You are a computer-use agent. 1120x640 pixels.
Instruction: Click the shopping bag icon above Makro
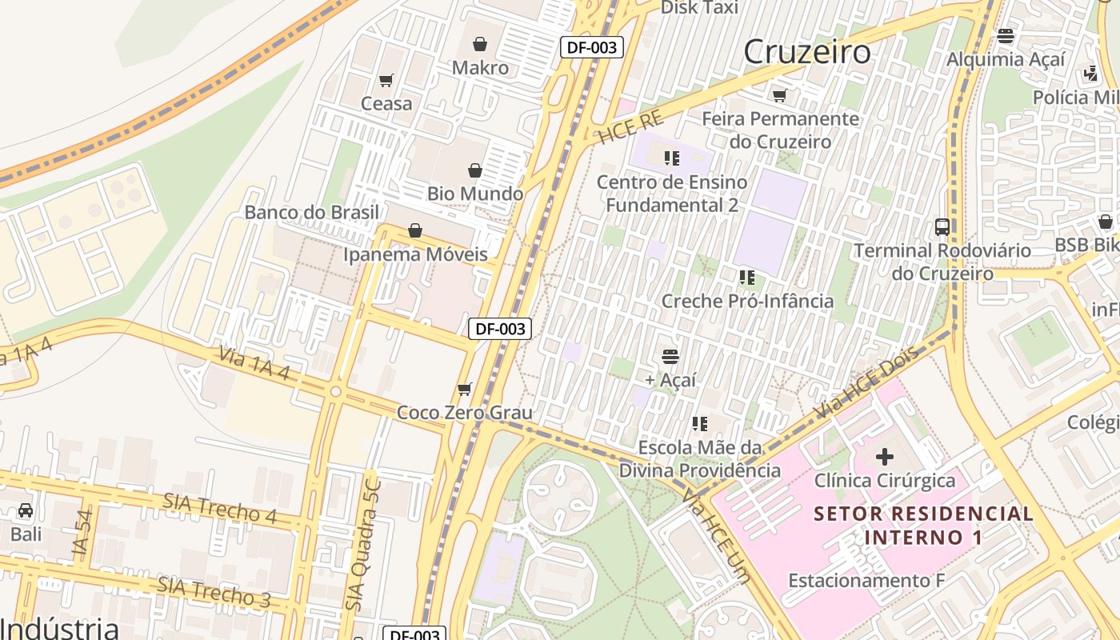click(x=480, y=44)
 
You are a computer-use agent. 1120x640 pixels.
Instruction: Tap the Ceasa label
click(x=386, y=103)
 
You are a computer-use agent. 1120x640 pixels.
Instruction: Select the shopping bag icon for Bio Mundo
click(x=475, y=170)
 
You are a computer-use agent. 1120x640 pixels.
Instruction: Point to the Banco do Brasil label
click(x=312, y=212)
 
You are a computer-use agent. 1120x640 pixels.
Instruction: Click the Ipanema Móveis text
click(x=415, y=254)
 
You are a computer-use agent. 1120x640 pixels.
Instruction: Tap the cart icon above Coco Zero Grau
click(x=464, y=390)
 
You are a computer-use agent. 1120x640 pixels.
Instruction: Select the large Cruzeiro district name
click(x=807, y=52)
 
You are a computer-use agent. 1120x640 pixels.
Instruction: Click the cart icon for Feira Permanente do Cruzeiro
click(x=779, y=95)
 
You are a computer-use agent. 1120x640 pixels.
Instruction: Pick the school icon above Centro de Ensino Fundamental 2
click(x=671, y=158)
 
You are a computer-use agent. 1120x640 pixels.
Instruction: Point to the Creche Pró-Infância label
click(x=747, y=301)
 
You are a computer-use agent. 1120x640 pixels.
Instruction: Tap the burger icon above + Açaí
click(x=670, y=356)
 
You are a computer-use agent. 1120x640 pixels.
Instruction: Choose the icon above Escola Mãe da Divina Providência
click(x=700, y=423)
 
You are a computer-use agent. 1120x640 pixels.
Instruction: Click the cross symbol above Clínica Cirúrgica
click(x=885, y=457)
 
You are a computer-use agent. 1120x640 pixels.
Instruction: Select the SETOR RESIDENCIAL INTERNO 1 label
click(x=924, y=525)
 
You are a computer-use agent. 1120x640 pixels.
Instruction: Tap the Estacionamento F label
click(x=866, y=580)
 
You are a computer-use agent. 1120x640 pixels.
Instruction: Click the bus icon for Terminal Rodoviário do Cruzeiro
click(x=942, y=226)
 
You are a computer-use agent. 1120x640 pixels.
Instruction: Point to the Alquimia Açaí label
click(x=1006, y=59)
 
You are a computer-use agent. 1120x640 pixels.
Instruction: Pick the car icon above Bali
click(x=26, y=510)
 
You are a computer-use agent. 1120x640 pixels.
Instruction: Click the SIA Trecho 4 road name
click(x=220, y=508)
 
